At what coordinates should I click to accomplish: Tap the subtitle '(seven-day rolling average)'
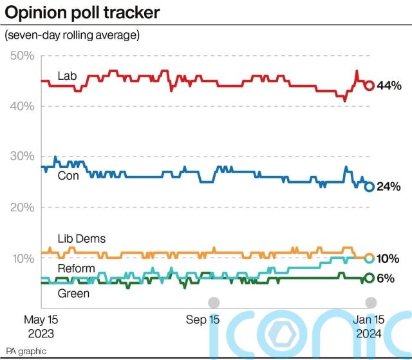pos(72,35)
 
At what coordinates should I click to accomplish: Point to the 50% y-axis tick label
pos(22,55)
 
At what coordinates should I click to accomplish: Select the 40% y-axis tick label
pos(22,106)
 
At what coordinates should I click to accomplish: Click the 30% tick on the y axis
pos(22,156)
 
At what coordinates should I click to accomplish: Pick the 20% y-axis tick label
pos(22,207)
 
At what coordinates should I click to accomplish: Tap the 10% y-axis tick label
pos(22,258)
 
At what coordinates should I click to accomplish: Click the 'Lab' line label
pos(67,76)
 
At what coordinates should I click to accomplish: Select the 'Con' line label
pos(68,175)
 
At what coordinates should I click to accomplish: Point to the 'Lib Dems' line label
pos(81,238)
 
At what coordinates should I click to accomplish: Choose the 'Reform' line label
pos(76,268)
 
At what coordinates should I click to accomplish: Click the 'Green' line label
pos(73,294)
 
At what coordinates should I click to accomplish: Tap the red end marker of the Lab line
pos(370,86)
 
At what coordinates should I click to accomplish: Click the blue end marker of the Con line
pos(370,187)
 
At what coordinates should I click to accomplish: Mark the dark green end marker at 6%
pos(370,278)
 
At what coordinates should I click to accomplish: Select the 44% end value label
pos(390,86)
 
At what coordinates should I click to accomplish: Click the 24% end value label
pos(390,187)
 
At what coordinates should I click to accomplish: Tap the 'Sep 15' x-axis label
pos(203,319)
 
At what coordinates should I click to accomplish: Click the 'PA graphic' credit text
pos(26,352)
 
